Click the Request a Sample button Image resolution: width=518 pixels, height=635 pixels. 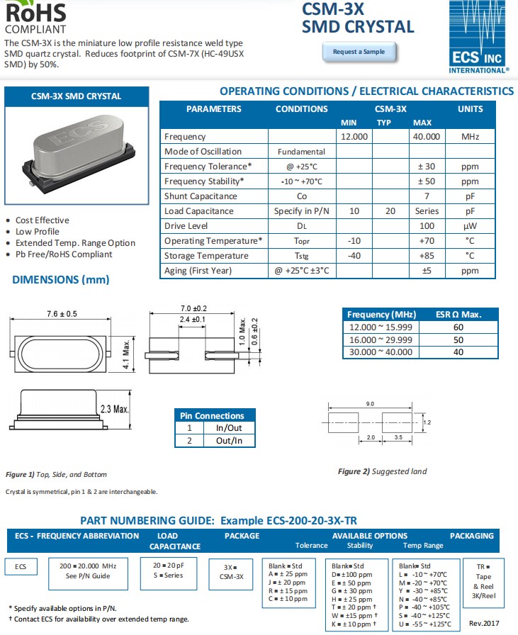[x=359, y=52]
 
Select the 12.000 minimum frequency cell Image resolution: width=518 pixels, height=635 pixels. [x=354, y=137]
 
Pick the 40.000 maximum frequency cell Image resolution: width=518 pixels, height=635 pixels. [x=427, y=137]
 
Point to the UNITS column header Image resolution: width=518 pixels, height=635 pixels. [x=470, y=109]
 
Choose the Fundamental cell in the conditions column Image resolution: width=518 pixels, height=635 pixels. [x=301, y=152]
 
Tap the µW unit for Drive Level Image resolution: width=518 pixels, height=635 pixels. [x=470, y=226]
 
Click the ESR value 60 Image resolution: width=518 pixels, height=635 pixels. [x=458, y=327]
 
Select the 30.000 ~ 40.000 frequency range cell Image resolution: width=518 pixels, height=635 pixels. [x=381, y=352]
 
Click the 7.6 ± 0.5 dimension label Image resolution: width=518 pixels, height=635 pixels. [x=62, y=314]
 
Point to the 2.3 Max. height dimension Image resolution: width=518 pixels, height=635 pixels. [x=115, y=409]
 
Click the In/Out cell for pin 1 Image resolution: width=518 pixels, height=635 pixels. [x=229, y=428]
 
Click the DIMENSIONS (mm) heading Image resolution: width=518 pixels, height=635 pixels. [x=61, y=280]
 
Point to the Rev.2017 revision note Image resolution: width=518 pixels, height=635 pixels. [x=485, y=623]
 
